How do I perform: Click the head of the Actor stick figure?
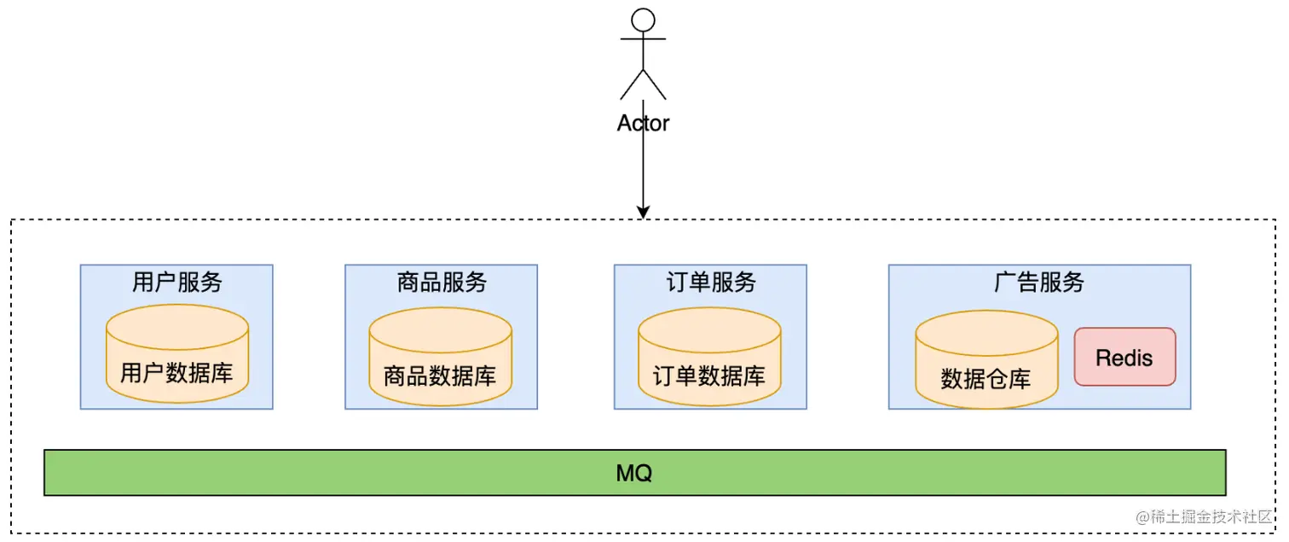coord(643,20)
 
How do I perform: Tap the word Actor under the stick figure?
coord(643,123)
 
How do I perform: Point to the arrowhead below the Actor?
coord(644,211)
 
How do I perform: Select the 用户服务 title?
coord(176,283)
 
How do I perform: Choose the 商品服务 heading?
coord(442,283)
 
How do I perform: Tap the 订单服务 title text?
coord(710,283)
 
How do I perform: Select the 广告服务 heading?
coord(1038,283)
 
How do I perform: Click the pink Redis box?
coord(1124,357)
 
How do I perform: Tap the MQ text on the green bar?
coord(634,473)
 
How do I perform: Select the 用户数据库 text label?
coord(176,373)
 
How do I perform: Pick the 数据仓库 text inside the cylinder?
coord(986,379)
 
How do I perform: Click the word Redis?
coord(1124,358)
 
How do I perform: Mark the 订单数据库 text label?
coord(709,376)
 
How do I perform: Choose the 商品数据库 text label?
coord(440,376)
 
